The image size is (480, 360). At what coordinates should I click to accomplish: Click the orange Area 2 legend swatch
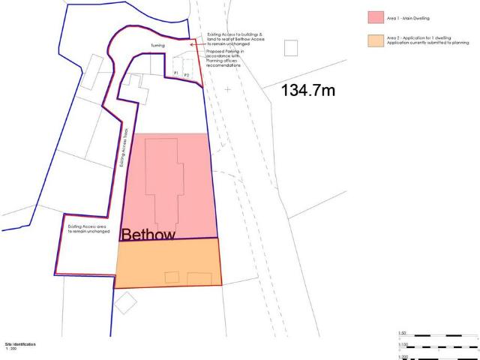click(376, 40)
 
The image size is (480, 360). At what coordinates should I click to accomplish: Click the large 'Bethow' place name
click(148, 235)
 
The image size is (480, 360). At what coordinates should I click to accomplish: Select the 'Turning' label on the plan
click(157, 45)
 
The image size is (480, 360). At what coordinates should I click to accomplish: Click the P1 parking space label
click(175, 72)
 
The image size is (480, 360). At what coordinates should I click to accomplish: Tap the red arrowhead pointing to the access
click(193, 45)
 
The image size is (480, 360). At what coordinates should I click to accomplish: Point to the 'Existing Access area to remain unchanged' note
click(88, 228)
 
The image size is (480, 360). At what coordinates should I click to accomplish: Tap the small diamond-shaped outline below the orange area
click(125, 303)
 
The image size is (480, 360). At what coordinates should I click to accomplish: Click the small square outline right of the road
click(290, 47)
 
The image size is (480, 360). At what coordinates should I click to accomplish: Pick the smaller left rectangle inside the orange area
click(172, 277)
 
